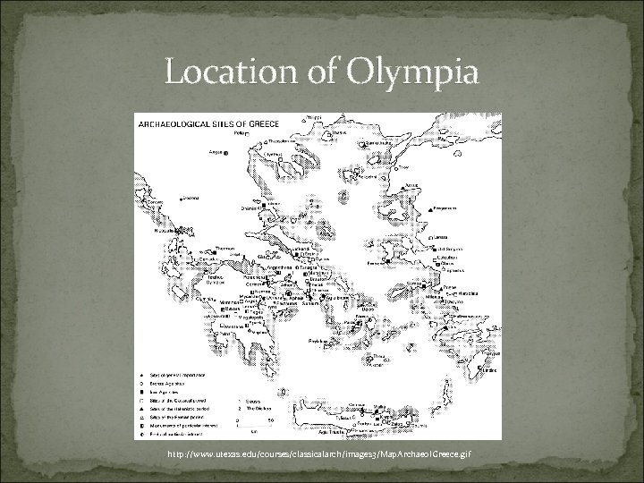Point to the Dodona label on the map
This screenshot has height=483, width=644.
(x=189, y=198)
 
